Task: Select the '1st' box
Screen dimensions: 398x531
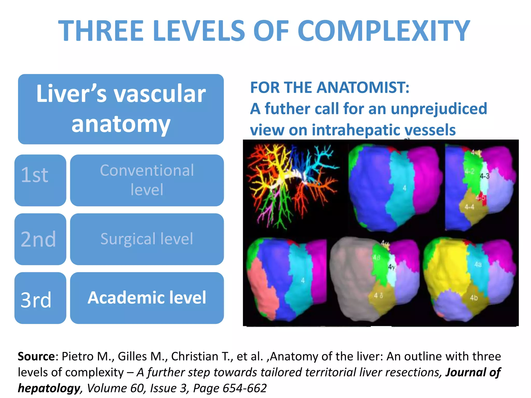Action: (x=40, y=180)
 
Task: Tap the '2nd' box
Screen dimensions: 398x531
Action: (x=40, y=239)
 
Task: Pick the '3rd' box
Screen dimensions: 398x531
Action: (x=40, y=298)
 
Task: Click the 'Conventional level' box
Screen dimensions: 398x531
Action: (x=147, y=180)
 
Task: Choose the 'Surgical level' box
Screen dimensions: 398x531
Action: (x=147, y=239)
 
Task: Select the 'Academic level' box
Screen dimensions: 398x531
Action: (x=147, y=298)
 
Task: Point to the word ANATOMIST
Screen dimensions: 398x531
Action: (x=363, y=88)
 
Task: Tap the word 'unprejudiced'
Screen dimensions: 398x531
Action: (x=439, y=109)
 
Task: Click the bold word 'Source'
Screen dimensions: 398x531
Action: (x=36, y=357)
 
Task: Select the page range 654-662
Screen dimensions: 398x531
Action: (x=244, y=388)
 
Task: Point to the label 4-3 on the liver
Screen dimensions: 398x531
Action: (x=484, y=176)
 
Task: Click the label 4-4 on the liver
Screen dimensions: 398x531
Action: (x=469, y=207)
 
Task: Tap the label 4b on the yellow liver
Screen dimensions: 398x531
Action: (x=474, y=298)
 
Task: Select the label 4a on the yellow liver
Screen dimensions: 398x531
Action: (x=478, y=264)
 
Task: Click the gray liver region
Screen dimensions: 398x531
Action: (x=350, y=280)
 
